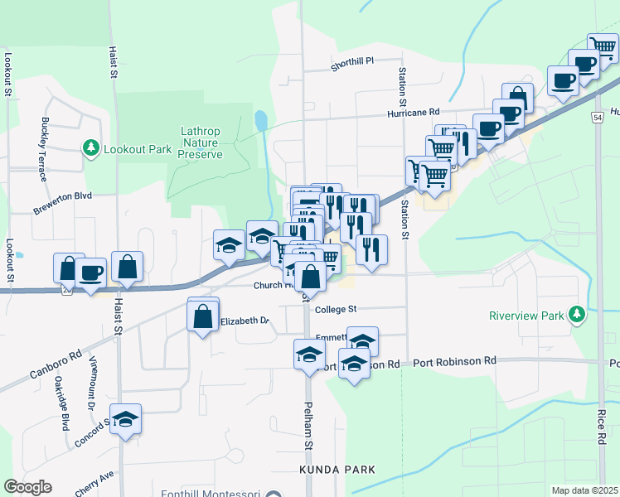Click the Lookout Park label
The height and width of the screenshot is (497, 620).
click(x=137, y=150)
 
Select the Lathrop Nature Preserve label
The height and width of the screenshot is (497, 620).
click(x=201, y=142)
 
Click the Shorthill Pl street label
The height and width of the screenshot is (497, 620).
click(x=352, y=61)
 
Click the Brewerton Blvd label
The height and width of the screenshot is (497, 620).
click(x=62, y=205)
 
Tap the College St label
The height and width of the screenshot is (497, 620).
click(x=336, y=309)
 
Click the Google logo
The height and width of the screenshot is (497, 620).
click(x=27, y=487)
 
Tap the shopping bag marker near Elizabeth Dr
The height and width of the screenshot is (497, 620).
click(x=203, y=316)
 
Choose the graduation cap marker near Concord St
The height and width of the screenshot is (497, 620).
click(x=125, y=420)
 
